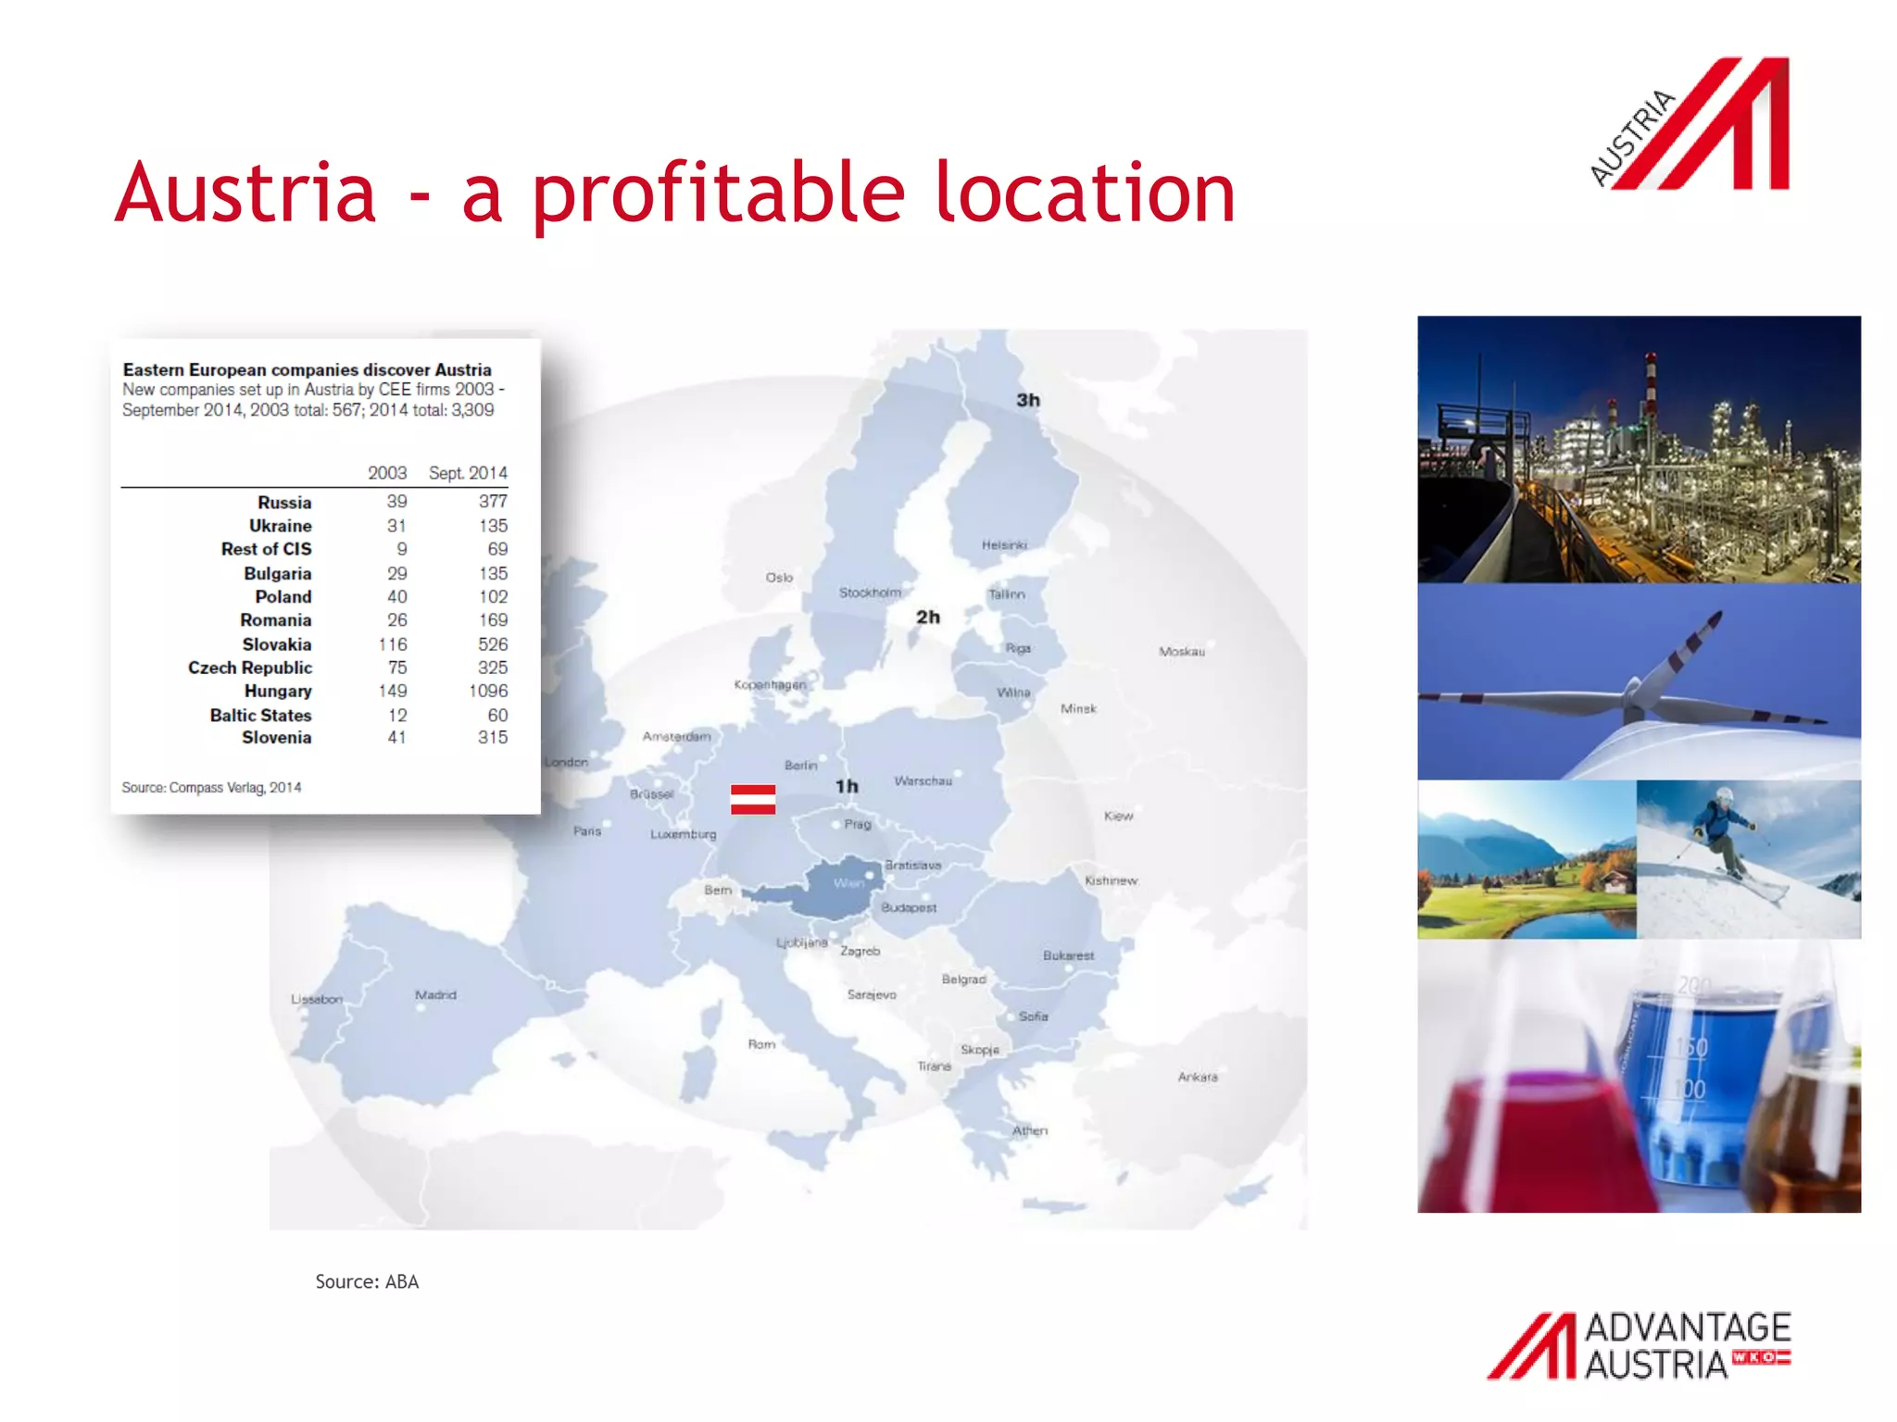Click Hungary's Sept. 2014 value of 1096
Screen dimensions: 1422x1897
click(x=487, y=691)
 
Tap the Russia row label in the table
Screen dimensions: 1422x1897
click(x=284, y=503)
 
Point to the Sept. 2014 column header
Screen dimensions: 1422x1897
click(x=468, y=473)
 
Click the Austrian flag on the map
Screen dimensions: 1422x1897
click(x=752, y=799)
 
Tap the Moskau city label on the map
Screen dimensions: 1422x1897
click(x=1181, y=652)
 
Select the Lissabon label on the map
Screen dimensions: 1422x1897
click(x=316, y=1000)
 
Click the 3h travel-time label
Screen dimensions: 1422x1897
click(x=1028, y=401)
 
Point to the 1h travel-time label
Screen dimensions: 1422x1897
click(x=847, y=787)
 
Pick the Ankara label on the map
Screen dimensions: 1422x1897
click(x=1197, y=1077)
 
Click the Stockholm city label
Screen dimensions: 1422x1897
click(x=870, y=592)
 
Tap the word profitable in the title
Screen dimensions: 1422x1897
click(x=718, y=194)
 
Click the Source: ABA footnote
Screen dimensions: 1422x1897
click(x=367, y=1282)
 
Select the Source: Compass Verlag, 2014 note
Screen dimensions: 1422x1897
click(x=211, y=788)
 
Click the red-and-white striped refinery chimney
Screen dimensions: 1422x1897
click(x=1650, y=389)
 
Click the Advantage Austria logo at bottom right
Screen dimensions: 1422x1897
click(x=1639, y=1345)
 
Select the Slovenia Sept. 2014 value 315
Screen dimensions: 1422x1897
click(x=492, y=738)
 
